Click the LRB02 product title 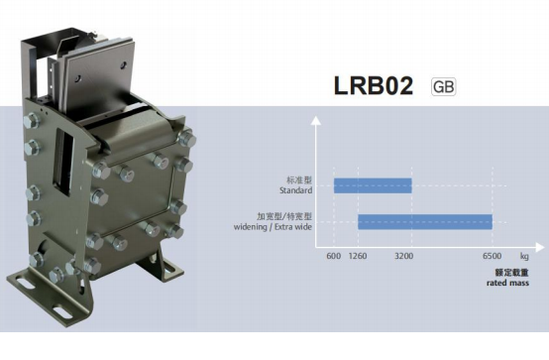[374, 85]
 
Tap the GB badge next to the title [443, 86]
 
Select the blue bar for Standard [373, 185]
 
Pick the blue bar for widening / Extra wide [425, 222]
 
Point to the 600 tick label [333, 256]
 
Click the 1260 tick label [358, 256]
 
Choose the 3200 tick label [403, 256]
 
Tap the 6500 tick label [492, 256]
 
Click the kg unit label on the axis [524, 256]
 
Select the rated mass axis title [507, 283]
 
